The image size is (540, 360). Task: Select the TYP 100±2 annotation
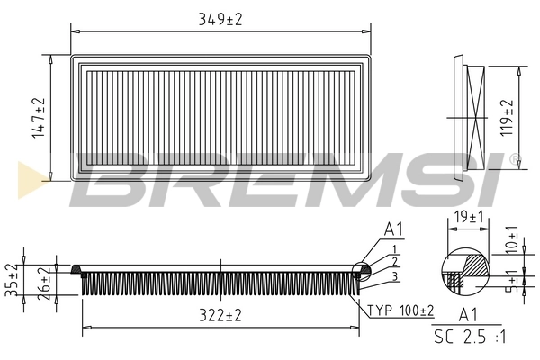[x=401, y=310]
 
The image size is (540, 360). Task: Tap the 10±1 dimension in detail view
[x=511, y=237]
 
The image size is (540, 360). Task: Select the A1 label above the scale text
[x=468, y=315]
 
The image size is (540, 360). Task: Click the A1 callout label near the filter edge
[x=394, y=231]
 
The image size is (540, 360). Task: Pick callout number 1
[x=394, y=247]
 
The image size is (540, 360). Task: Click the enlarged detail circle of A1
[x=461, y=272]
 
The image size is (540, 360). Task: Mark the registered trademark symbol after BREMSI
[x=514, y=159]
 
